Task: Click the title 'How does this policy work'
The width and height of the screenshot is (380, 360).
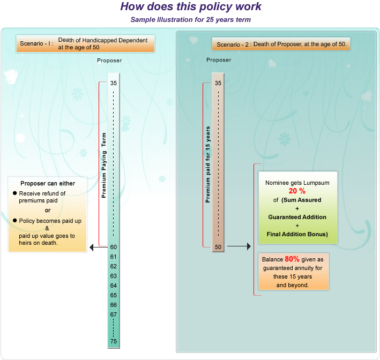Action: (191, 7)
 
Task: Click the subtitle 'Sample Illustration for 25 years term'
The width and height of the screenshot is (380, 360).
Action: (191, 20)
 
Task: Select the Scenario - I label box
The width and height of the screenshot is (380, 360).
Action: (85, 43)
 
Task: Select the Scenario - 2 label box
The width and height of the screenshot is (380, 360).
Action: (281, 43)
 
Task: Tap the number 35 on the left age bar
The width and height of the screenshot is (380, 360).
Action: (114, 83)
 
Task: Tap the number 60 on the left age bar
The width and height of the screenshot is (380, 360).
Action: (114, 247)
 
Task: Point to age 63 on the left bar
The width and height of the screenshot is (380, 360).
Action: (114, 276)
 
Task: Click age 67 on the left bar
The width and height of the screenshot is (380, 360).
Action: (114, 314)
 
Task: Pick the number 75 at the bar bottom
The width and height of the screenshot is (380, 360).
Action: (114, 342)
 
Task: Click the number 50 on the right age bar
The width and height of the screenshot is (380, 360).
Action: (218, 247)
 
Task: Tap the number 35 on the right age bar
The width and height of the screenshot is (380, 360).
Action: (218, 83)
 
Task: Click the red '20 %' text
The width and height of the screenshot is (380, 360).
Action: (297, 191)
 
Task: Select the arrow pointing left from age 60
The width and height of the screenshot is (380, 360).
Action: (98, 247)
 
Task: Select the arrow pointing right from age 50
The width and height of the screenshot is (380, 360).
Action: (239, 247)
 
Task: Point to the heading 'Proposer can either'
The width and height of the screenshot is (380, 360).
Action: (48, 183)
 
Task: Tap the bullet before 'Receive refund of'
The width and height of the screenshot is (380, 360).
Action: (14, 193)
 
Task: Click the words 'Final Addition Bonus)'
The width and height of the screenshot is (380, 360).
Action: (297, 235)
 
